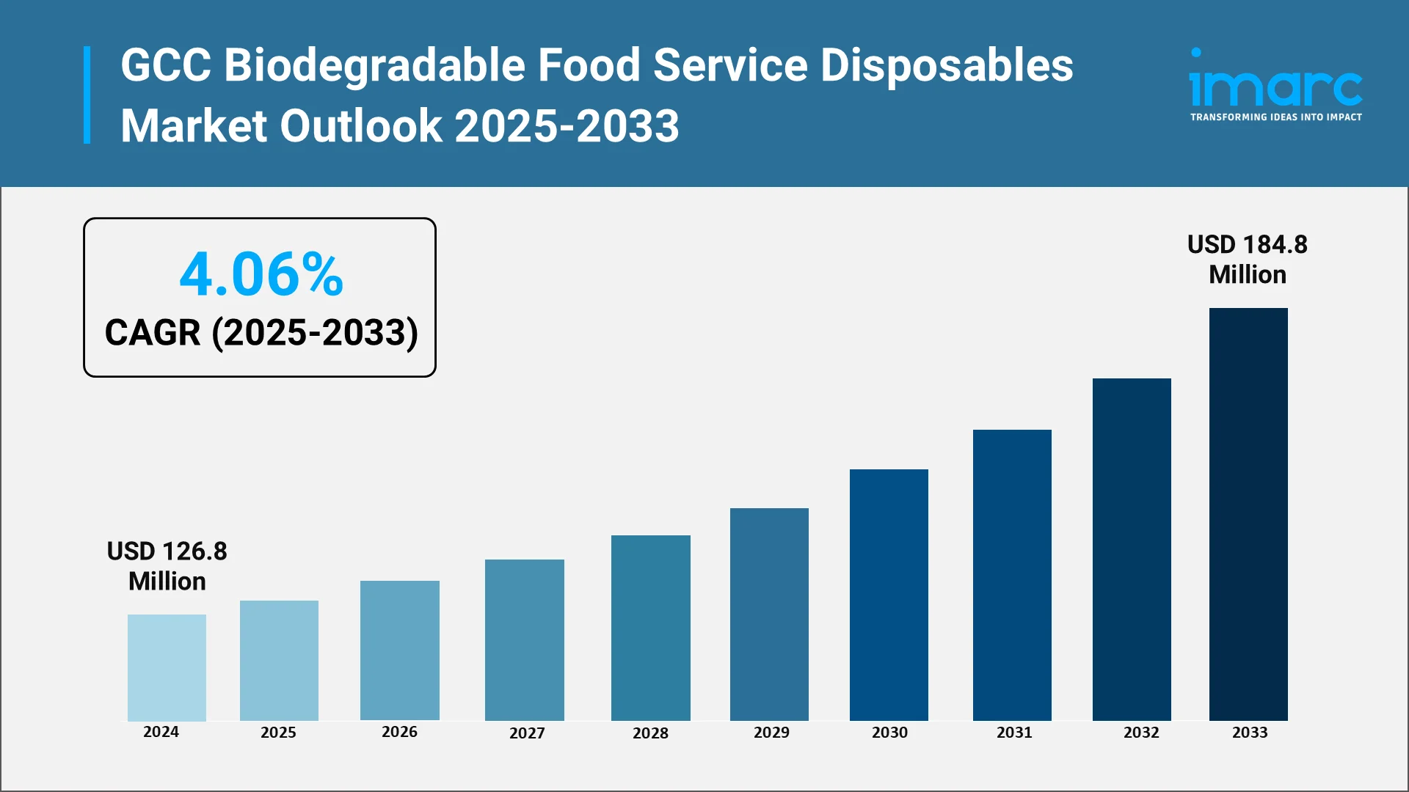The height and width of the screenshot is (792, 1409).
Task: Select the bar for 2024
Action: click(x=167, y=667)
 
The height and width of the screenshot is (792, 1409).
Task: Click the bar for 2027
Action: click(x=524, y=639)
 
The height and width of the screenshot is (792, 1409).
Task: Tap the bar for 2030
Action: click(x=889, y=594)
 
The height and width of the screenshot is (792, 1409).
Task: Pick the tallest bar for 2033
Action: click(x=1248, y=513)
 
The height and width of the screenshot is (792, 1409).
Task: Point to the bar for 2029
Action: click(x=769, y=614)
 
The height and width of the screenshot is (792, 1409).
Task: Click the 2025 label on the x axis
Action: click(x=278, y=732)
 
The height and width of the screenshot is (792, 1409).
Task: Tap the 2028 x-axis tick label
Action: click(x=650, y=733)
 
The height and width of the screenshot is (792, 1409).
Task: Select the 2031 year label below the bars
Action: click(x=1013, y=732)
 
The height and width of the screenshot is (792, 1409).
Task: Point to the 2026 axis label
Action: click(x=399, y=732)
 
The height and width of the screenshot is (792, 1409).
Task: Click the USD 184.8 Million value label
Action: click(x=1247, y=259)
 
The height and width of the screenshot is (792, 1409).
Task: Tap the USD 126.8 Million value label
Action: click(x=167, y=565)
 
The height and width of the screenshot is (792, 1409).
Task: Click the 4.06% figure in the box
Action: click(x=261, y=274)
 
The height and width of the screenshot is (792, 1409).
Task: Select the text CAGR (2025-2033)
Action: click(x=261, y=332)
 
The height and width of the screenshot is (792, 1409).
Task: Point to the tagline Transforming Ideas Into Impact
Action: click(x=1275, y=117)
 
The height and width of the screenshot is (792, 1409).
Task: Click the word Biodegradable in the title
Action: click(x=374, y=65)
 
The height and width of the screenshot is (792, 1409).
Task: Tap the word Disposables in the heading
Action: click(x=946, y=65)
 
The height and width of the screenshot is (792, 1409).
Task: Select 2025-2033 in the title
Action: click(x=567, y=125)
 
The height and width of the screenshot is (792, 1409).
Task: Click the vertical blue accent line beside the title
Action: click(x=87, y=95)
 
